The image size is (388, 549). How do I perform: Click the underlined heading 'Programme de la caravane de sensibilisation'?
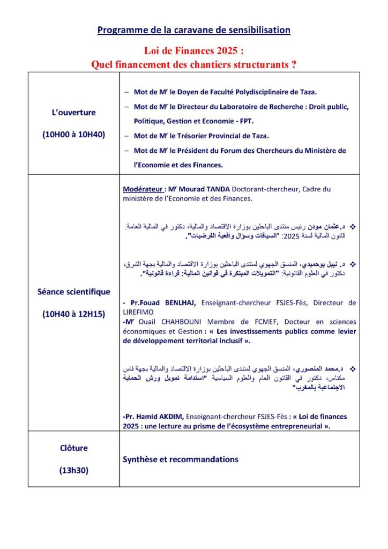coord(193,30)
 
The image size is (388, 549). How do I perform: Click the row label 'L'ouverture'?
coord(74,113)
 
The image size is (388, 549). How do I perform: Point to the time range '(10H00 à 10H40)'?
coord(74,136)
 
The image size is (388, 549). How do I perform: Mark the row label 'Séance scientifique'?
coord(74,292)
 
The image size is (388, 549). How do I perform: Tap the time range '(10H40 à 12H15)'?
coord(74,314)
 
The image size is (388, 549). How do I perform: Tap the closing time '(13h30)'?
coord(74,470)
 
